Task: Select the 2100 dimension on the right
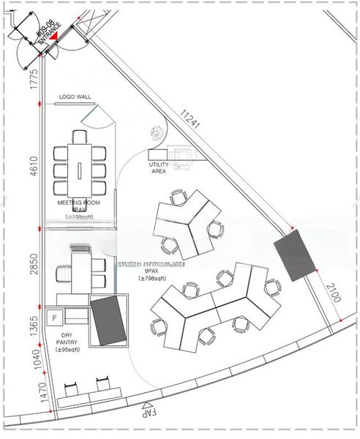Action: pos(331,293)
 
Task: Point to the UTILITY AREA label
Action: pos(159,170)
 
